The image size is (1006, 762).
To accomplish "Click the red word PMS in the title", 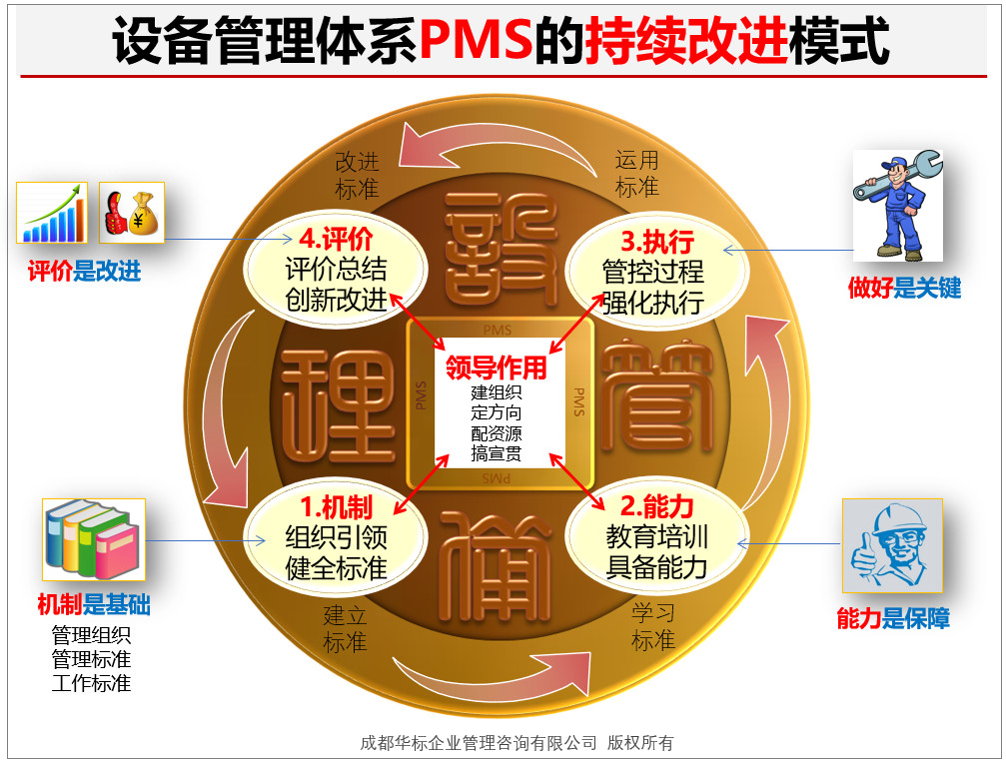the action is [x=477, y=40].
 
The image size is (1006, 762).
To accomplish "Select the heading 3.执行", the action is [x=657, y=242].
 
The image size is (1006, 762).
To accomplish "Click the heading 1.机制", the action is [x=337, y=507].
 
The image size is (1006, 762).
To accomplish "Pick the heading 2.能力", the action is [x=657, y=506].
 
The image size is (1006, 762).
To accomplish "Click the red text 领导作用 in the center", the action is [x=496, y=369].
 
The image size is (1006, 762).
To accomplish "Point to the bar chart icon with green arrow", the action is [x=52, y=213].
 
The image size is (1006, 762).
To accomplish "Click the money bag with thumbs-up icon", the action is [x=132, y=213].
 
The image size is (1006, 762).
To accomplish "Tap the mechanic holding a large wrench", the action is [x=897, y=206].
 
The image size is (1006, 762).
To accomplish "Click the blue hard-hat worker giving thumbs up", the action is [x=892, y=545].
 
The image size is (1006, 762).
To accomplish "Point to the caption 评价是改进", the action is [x=84, y=272].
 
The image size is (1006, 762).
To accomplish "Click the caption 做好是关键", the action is [x=905, y=288].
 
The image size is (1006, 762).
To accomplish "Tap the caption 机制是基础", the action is [x=94, y=604].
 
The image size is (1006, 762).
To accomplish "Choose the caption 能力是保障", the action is [x=893, y=618].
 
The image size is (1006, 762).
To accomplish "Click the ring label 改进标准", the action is [x=358, y=175].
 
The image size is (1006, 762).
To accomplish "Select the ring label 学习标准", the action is [x=653, y=626].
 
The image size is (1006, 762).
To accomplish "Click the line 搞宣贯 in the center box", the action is [x=496, y=453].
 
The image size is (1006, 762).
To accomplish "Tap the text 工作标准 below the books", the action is [x=91, y=682].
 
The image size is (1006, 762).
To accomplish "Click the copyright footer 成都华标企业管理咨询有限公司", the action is [x=478, y=743].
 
